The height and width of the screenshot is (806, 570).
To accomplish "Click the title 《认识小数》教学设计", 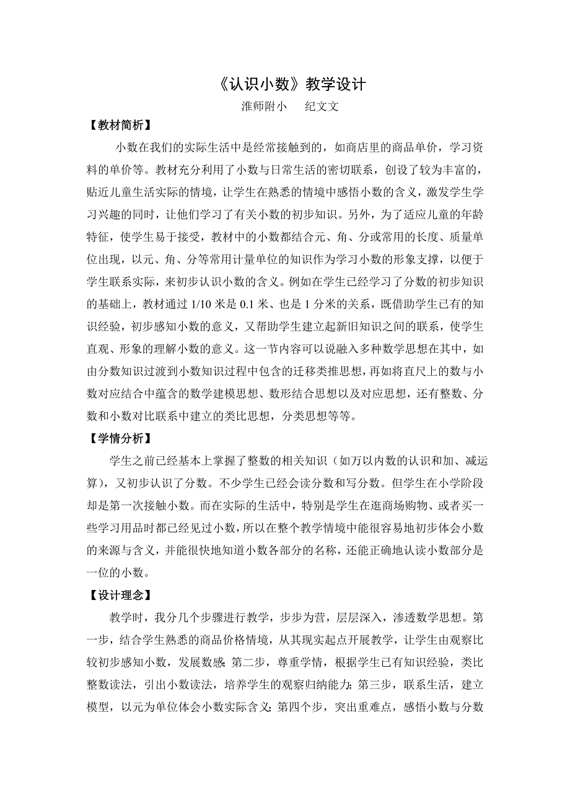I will point(286,85).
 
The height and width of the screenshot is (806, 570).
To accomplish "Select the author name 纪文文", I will point(322,106).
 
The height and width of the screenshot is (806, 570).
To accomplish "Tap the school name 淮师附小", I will point(264,106).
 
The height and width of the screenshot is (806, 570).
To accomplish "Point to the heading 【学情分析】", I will point(116,438).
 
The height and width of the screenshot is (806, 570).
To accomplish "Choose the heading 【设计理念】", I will point(116,596).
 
